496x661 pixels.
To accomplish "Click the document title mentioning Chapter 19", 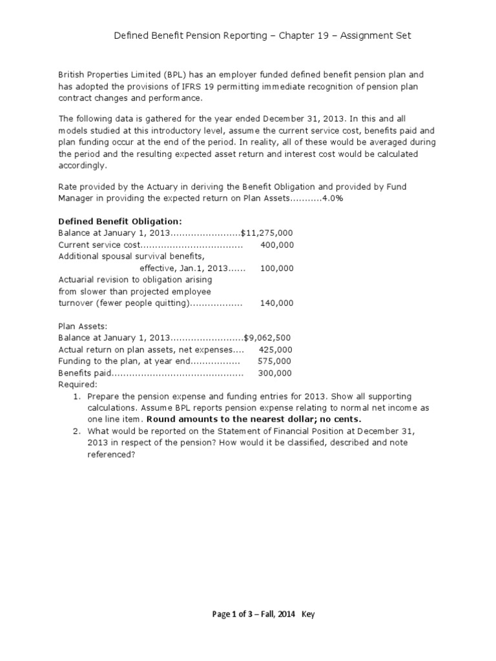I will point(262,36).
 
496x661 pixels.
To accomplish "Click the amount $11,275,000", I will point(267,233).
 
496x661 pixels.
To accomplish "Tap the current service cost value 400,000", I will point(276,245).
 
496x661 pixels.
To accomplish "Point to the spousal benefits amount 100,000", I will point(276,268).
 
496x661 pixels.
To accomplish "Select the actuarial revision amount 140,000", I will point(276,303).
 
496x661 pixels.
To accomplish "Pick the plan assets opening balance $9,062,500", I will point(268,338).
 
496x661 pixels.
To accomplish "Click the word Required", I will point(77,384).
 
